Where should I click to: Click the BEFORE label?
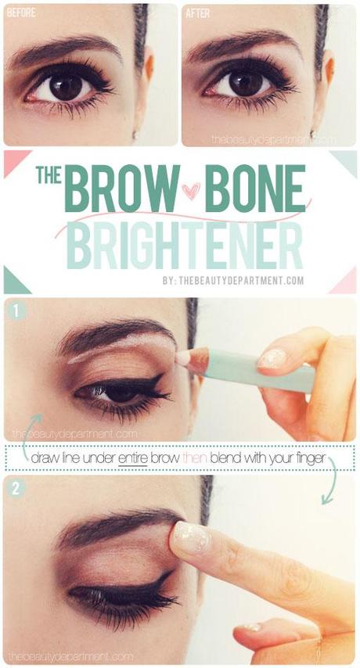tap(21, 13)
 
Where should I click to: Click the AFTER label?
tap(197, 13)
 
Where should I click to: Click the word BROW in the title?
tap(122, 189)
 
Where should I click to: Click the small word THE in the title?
tap(49, 174)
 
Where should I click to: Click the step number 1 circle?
tap(16, 311)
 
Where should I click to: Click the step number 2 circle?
tap(16, 488)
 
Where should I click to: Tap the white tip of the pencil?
tap(183, 357)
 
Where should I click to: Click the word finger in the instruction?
tap(312, 459)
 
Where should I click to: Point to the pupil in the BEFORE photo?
tap(66, 88)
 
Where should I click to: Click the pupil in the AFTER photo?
tap(246, 84)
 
